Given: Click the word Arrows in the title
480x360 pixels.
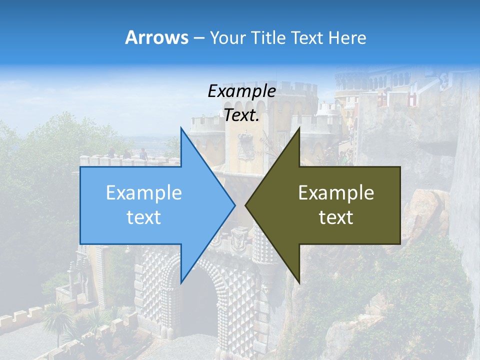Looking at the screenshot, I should (156, 37).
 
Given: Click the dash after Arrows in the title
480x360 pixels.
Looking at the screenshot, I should (198, 38).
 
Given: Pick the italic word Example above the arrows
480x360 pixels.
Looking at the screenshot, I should (242, 91).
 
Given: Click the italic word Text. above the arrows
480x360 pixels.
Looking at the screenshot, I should (242, 115).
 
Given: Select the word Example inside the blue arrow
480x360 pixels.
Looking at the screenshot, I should (144, 193).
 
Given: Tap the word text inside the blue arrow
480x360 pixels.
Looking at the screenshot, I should (144, 217).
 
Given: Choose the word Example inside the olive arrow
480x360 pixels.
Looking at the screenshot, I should (336, 193).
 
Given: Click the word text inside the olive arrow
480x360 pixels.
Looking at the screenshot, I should (336, 217).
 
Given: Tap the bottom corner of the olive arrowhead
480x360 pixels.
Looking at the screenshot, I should (299, 281).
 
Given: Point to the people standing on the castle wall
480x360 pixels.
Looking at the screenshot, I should (127, 154).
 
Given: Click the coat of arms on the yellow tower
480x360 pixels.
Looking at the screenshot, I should (245, 145).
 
